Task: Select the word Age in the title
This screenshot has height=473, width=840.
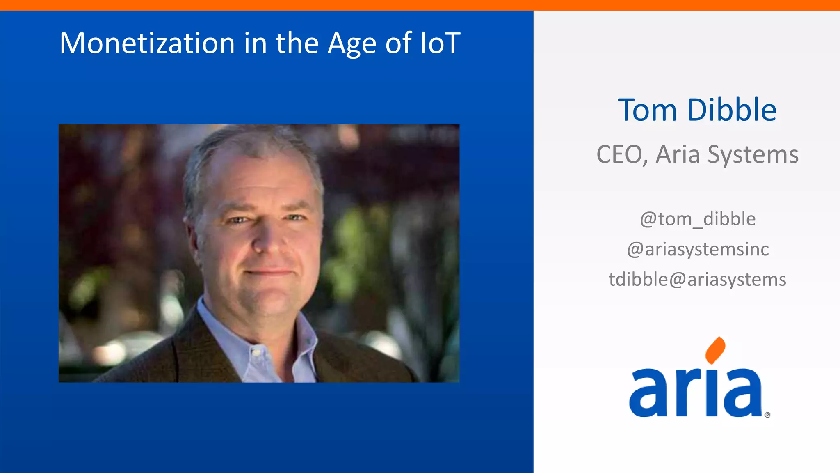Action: tap(352, 44)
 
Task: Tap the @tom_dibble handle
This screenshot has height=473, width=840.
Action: tap(698, 219)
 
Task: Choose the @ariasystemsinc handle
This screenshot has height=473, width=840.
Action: tap(698, 250)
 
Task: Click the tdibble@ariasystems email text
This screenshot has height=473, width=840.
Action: tap(697, 280)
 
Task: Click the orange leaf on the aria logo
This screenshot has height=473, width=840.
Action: tap(715, 350)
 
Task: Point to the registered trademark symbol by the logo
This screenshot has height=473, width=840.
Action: tap(767, 415)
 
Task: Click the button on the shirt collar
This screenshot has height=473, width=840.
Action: tap(256, 352)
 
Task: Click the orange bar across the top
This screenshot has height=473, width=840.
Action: tap(420, 5)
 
